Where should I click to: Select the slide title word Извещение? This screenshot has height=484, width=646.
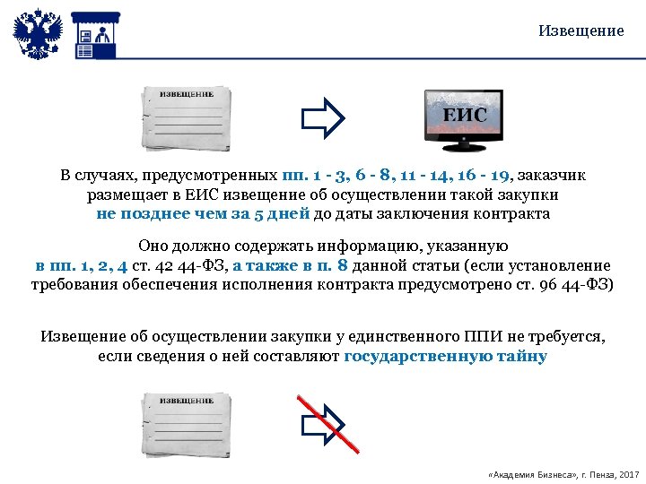(581, 30)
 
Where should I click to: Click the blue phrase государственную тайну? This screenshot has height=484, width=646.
(445, 356)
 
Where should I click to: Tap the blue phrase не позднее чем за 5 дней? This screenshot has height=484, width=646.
(203, 213)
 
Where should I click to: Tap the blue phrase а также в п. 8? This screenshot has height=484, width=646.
(291, 265)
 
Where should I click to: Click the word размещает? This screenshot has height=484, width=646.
(125, 194)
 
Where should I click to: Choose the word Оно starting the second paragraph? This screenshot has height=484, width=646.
(153, 246)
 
